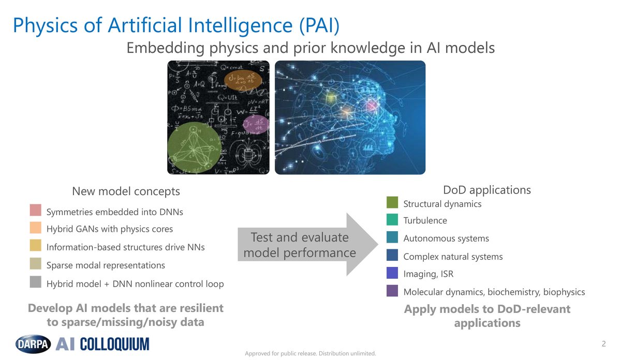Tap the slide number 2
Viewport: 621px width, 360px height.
pyautogui.click(x=603, y=343)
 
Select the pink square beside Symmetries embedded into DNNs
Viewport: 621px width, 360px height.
pyautogui.click(x=35, y=211)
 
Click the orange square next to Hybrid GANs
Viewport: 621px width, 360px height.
pyautogui.click(x=35, y=228)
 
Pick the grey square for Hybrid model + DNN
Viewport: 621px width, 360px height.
pyautogui.click(x=35, y=282)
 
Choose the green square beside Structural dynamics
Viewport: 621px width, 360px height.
pyautogui.click(x=392, y=202)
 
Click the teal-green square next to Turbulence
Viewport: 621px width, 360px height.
pyautogui.click(x=392, y=220)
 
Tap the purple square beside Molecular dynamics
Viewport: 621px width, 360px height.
pyautogui.click(x=392, y=291)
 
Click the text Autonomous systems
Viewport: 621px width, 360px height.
pyautogui.click(x=446, y=238)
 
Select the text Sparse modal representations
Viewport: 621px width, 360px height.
pyautogui.click(x=106, y=265)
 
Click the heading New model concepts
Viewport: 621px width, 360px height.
pyautogui.click(x=126, y=191)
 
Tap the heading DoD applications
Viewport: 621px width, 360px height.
pyautogui.click(x=486, y=190)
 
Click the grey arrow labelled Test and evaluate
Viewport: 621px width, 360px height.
pyautogui.click(x=305, y=245)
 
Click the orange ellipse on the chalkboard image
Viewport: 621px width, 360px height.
pyautogui.click(x=241, y=80)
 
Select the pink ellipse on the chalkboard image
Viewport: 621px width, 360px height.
pyautogui.click(x=256, y=125)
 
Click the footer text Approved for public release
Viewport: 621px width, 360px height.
pyautogui.click(x=310, y=354)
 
